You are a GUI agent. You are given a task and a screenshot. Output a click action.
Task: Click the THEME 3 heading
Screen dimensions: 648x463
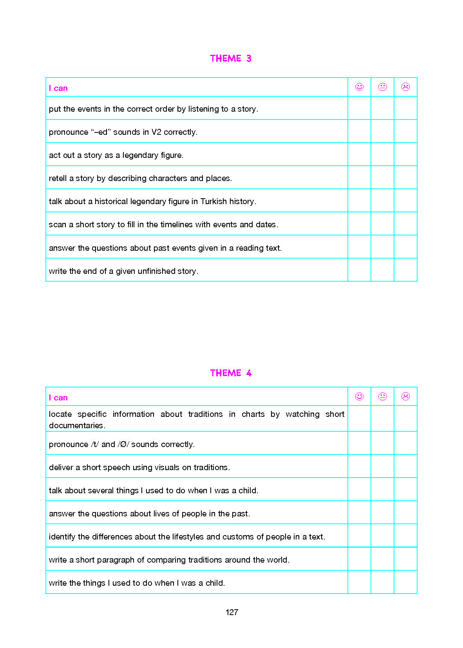tap(230, 58)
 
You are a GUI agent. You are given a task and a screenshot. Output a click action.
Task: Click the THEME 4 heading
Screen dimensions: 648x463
tap(230, 373)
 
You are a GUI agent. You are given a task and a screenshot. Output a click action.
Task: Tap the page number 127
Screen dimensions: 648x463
tap(231, 612)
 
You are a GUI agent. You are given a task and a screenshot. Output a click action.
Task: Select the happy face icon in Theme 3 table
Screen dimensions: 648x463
tap(359, 87)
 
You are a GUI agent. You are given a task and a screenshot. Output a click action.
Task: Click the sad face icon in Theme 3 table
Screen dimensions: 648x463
tap(405, 87)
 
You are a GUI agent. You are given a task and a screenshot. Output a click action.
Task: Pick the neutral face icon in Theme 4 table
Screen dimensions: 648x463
tap(382, 396)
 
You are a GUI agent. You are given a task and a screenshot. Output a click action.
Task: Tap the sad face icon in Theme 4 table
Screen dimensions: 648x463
tap(405, 396)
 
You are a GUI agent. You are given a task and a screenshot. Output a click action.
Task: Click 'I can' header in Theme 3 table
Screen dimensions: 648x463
tap(58, 88)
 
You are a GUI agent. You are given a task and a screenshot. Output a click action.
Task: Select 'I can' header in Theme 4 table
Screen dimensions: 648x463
tap(58, 398)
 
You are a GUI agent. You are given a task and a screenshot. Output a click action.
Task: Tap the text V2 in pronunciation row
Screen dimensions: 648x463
tap(156, 132)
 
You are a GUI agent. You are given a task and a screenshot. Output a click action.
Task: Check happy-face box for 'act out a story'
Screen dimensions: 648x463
tap(359, 154)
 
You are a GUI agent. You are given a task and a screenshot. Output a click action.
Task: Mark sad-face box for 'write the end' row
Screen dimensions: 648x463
tap(405, 270)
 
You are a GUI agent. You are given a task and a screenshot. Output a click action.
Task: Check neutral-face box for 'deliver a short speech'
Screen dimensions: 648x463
tap(382, 466)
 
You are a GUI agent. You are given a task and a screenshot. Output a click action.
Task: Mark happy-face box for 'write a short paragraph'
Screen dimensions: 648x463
tap(359, 559)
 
